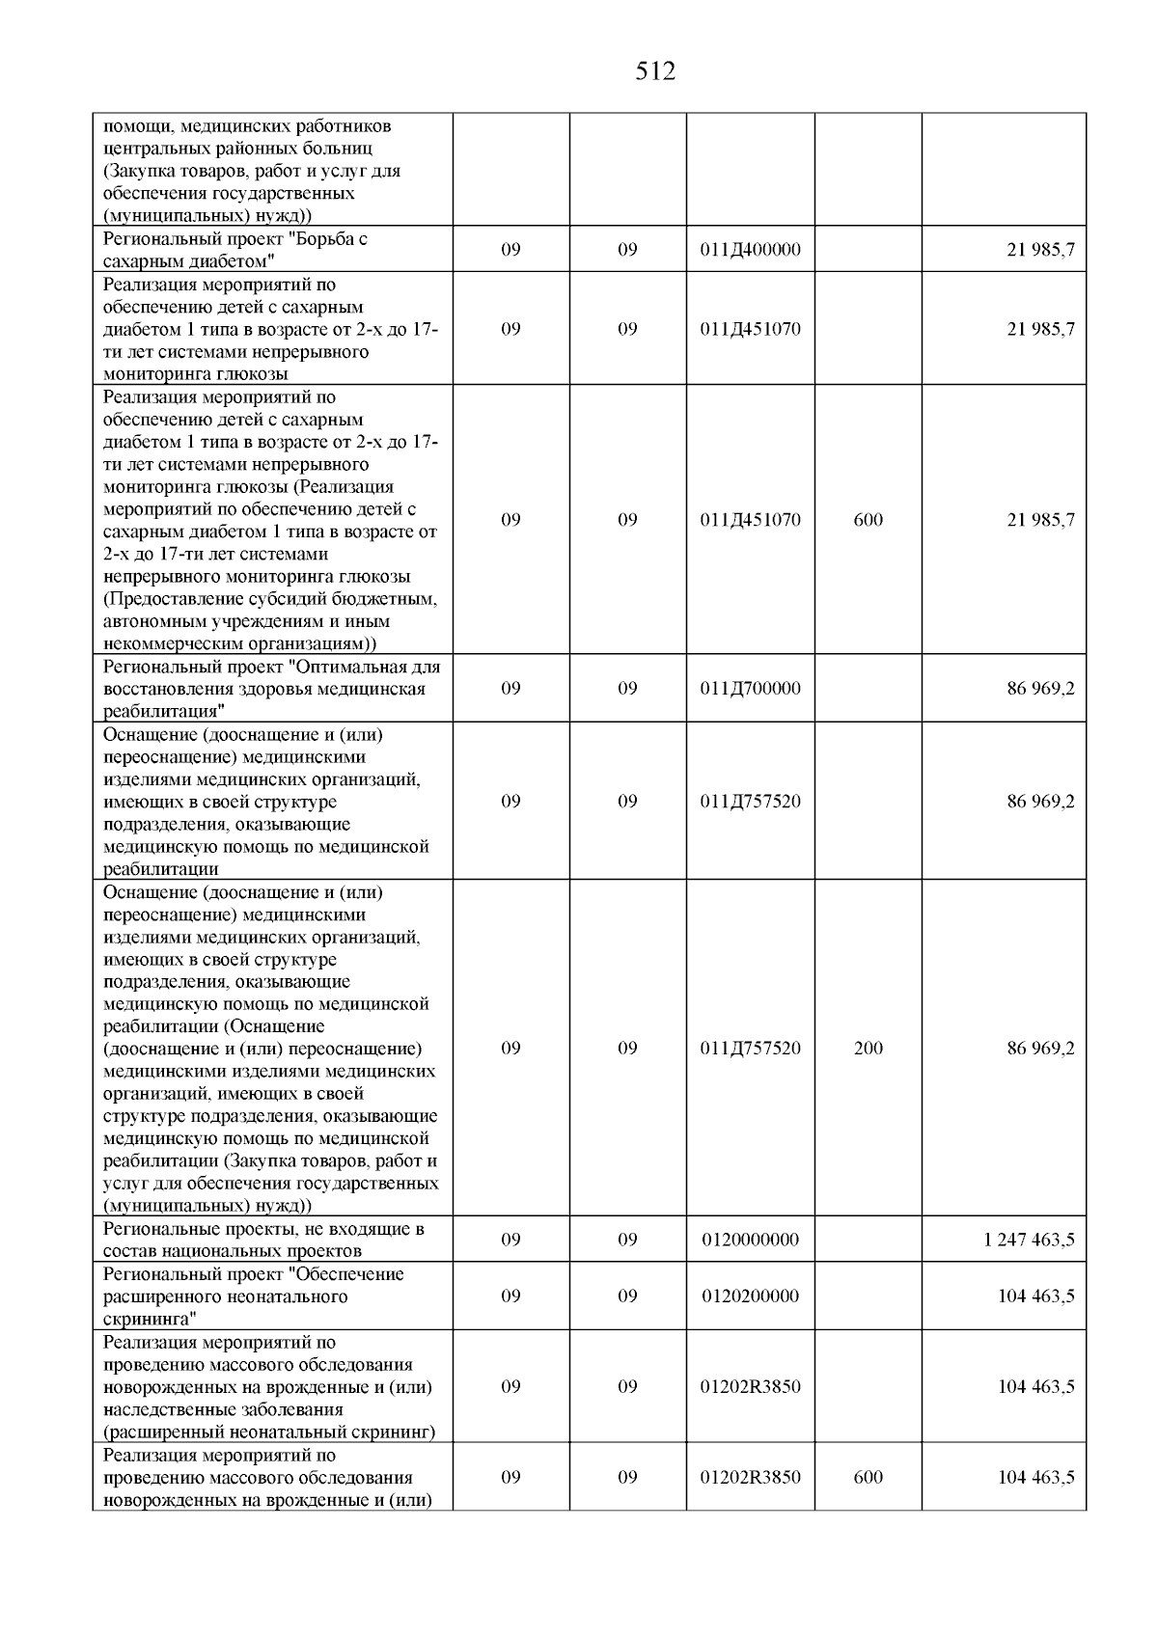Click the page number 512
point(656,71)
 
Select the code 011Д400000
point(750,250)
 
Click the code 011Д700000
point(750,689)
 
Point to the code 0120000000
point(750,1240)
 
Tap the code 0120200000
point(750,1296)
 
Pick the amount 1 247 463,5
point(1029,1240)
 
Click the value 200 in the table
point(868,1049)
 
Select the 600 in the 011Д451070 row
point(868,520)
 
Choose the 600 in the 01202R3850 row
point(868,1478)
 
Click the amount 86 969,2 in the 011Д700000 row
point(1040,689)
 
